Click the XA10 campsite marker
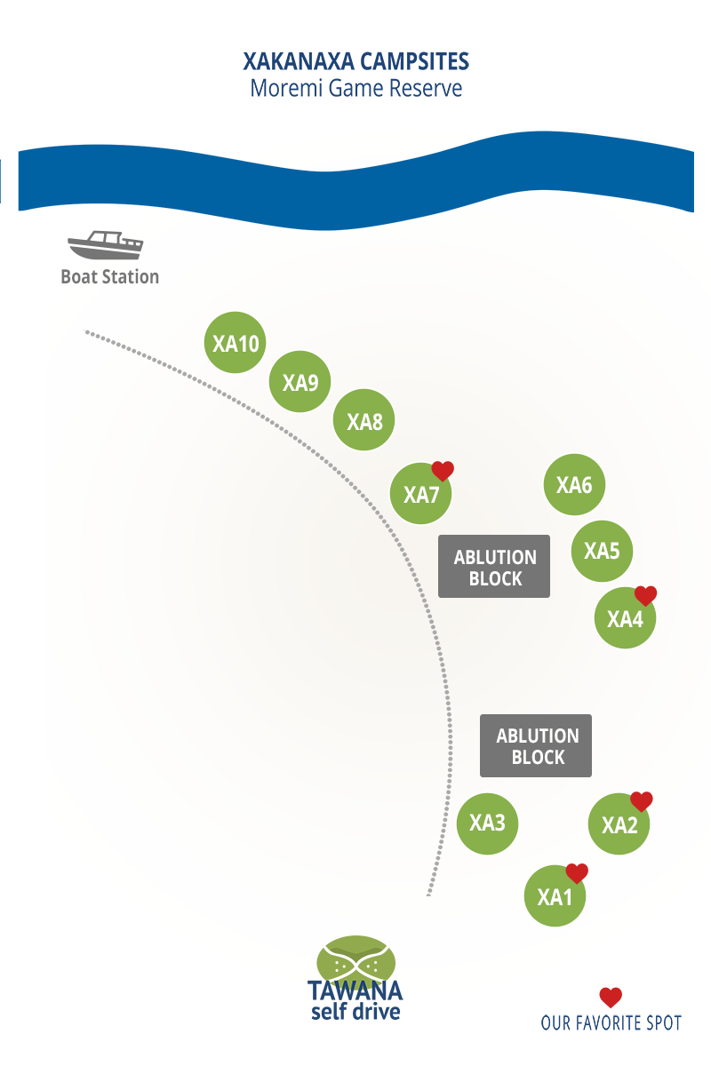pyautogui.click(x=235, y=343)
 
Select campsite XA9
pyautogui.click(x=300, y=382)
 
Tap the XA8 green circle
pyautogui.click(x=363, y=420)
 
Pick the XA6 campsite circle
pyautogui.click(x=574, y=484)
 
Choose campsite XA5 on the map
pyautogui.click(x=602, y=551)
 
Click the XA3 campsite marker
pyautogui.click(x=487, y=823)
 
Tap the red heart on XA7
pyautogui.click(x=443, y=471)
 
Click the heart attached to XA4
pyautogui.click(x=646, y=596)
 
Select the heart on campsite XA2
pyautogui.click(x=642, y=801)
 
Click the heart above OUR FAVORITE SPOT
pyautogui.click(x=611, y=998)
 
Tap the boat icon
pyautogui.click(x=105, y=245)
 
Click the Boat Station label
pyautogui.click(x=110, y=277)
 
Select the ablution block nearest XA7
pyautogui.click(x=494, y=567)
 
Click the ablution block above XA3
pyautogui.click(x=536, y=745)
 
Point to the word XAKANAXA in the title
pyautogui.click(x=299, y=61)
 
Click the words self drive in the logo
pyautogui.click(x=355, y=1012)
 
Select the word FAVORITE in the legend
pyautogui.click(x=611, y=1023)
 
